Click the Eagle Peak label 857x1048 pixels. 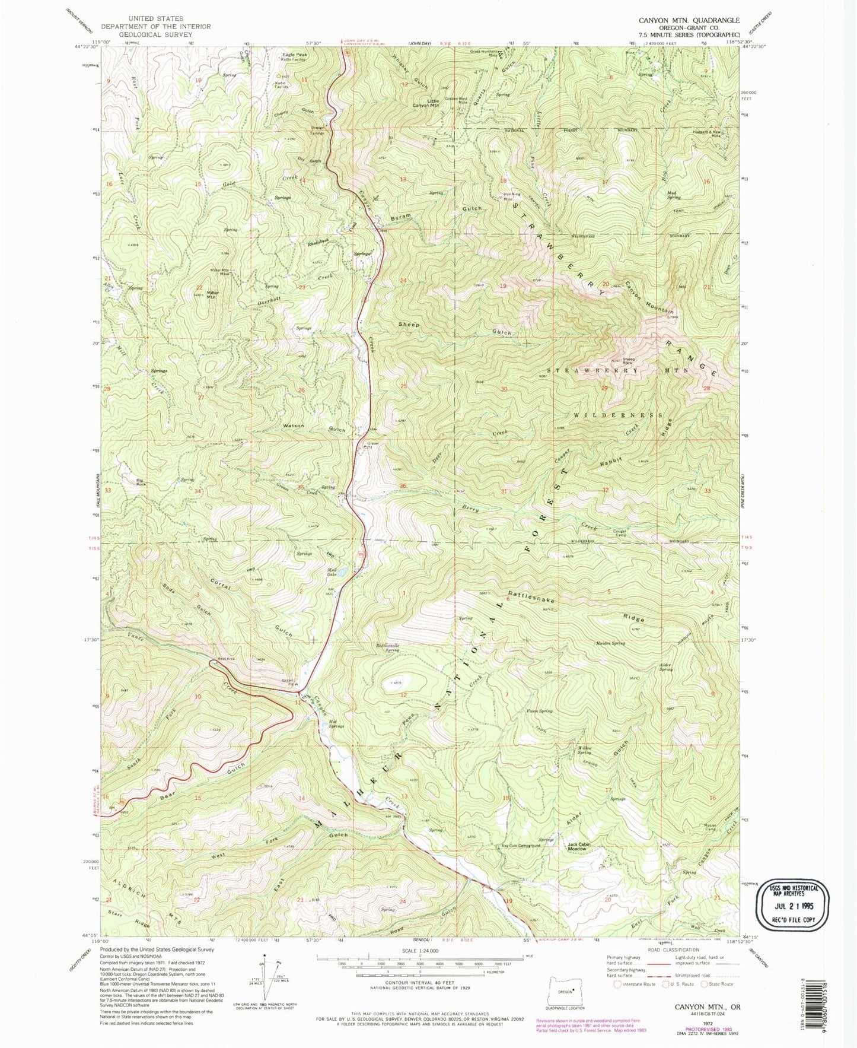pos(294,55)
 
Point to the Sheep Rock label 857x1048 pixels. pos(629,360)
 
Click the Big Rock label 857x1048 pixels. pos(141,482)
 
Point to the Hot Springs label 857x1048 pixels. pos(336,723)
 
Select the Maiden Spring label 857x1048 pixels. pos(610,643)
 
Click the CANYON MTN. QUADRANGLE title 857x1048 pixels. pos(689,20)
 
